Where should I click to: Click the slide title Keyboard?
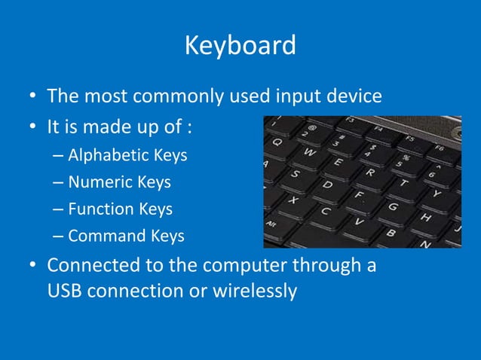tap(240, 46)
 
